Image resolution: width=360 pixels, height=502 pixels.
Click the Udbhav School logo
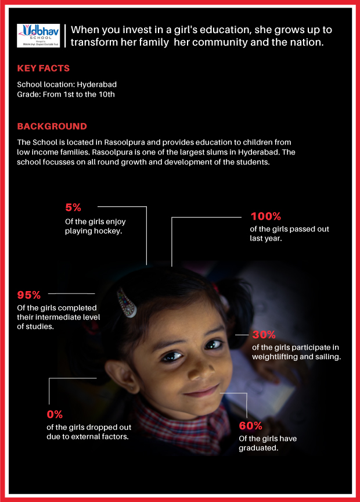pyautogui.click(x=39, y=35)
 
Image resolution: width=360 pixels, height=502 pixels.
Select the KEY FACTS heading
pyautogui.click(x=44, y=69)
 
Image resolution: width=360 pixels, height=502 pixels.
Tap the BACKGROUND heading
pyautogui.click(x=52, y=126)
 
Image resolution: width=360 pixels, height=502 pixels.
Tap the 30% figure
pyautogui.click(x=264, y=335)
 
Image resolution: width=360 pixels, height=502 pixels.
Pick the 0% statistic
pyautogui.click(x=55, y=414)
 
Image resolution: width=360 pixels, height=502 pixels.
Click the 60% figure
pyautogui.click(x=251, y=425)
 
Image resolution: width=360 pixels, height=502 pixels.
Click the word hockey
pyautogui.click(x=110, y=231)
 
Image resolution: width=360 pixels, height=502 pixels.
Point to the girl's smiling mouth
pyautogui.click(x=201, y=390)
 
